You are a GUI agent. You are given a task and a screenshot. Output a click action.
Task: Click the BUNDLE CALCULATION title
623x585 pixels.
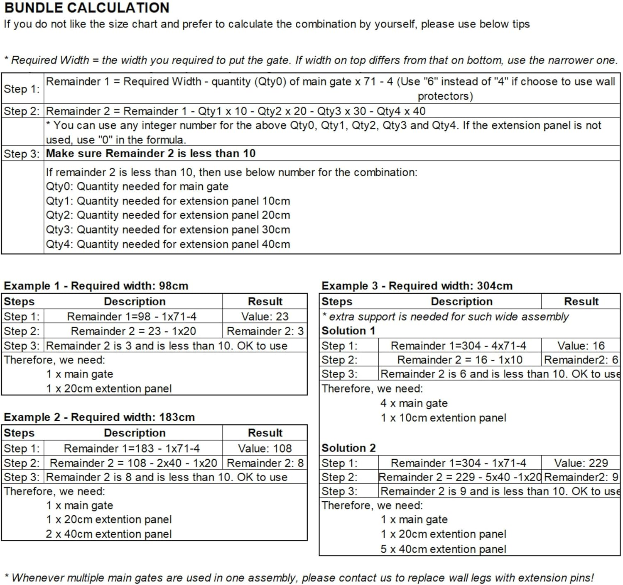[x=87, y=8]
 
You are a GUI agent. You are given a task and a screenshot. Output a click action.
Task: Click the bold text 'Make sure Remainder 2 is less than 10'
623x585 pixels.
[x=150, y=154]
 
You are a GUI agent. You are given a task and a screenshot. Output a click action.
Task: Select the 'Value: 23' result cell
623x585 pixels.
[x=265, y=317]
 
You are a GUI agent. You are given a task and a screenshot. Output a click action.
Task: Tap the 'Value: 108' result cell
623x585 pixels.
[x=265, y=448]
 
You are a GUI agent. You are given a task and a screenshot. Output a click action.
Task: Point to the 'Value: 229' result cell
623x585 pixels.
[x=581, y=463]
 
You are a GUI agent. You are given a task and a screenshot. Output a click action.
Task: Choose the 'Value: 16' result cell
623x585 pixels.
[x=581, y=346]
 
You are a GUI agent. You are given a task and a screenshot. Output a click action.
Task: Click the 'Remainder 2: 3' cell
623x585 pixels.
[x=265, y=331]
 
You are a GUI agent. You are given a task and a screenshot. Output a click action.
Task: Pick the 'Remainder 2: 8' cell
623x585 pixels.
[x=265, y=463]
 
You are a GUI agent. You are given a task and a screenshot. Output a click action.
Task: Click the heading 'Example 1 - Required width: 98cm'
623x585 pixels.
[x=96, y=286]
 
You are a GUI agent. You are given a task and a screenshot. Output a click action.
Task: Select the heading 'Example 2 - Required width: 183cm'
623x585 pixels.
[x=99, y=417]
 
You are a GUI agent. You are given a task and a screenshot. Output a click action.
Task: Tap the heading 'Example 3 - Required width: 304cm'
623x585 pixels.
[x=417, y=286]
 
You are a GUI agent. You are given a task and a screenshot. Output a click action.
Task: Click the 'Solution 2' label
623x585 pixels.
[x=348, y=448]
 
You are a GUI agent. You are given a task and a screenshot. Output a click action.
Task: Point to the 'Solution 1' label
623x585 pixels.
[x=348, y=331]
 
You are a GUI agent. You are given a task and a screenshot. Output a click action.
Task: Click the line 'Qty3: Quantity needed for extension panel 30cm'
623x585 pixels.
[x=168, y=230]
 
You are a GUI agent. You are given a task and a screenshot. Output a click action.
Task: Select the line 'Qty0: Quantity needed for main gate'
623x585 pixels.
[x=137, y=187]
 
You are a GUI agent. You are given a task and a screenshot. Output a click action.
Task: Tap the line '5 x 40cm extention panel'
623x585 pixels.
[x=443, y=549]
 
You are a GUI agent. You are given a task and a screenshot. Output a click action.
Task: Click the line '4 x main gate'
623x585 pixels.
[x=414, y=403]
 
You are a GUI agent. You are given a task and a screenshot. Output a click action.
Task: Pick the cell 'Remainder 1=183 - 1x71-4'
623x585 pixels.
[x=132, y=448]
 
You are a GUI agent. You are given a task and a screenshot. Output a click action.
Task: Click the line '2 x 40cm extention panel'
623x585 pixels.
[x=108, y=534]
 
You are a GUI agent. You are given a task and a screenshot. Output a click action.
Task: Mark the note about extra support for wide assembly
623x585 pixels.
[x=445, y=317]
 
